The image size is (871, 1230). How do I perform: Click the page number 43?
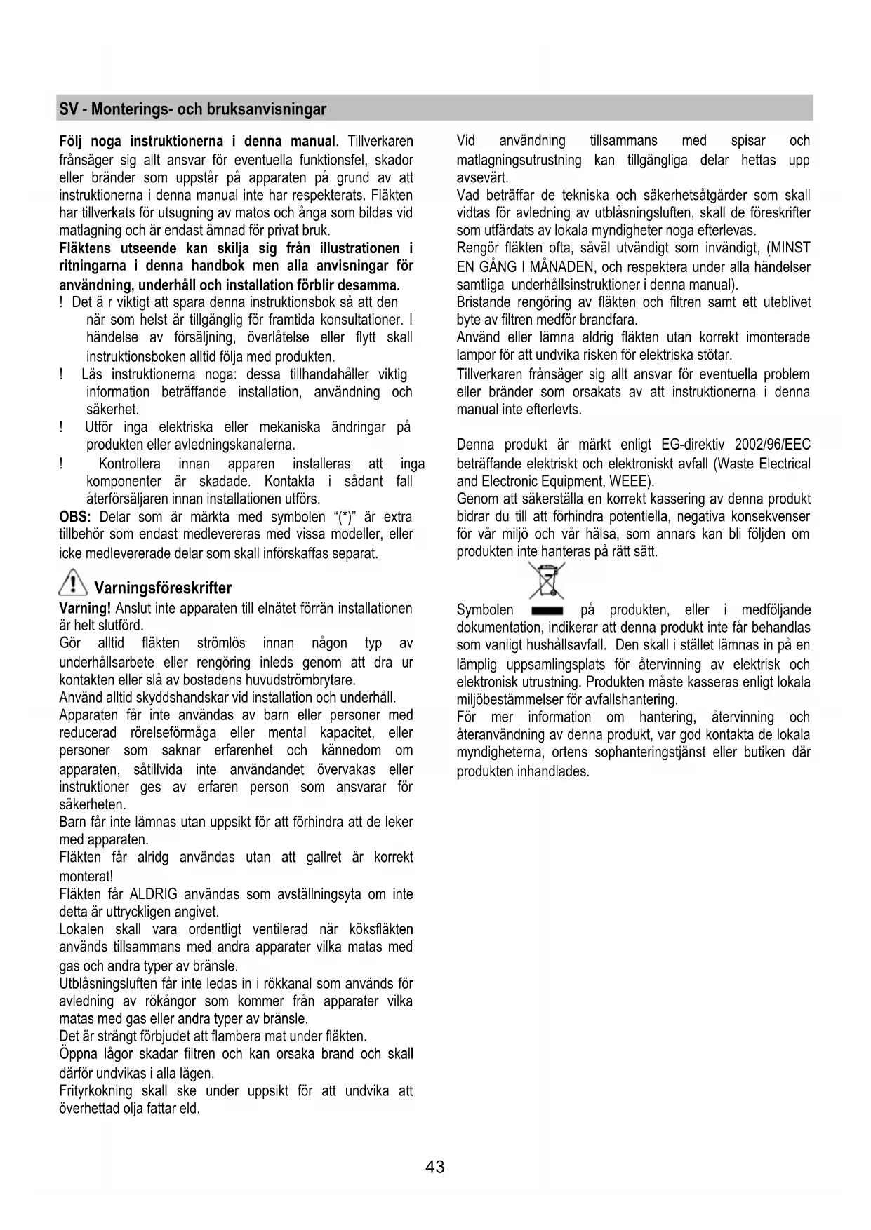[x=434, y=1167]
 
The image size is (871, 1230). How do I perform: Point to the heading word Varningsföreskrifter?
[x=163, y=588]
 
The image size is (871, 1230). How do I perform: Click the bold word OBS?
[x=75, y=517]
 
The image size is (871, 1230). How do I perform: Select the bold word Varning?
[x=85, y=608]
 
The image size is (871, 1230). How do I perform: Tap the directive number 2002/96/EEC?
[x=772, y=445]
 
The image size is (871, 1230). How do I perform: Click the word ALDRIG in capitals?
[x=153, y=894]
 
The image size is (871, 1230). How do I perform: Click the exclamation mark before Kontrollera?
[x=62, y=464]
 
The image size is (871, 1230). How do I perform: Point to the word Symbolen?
[x=485, y=610]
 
